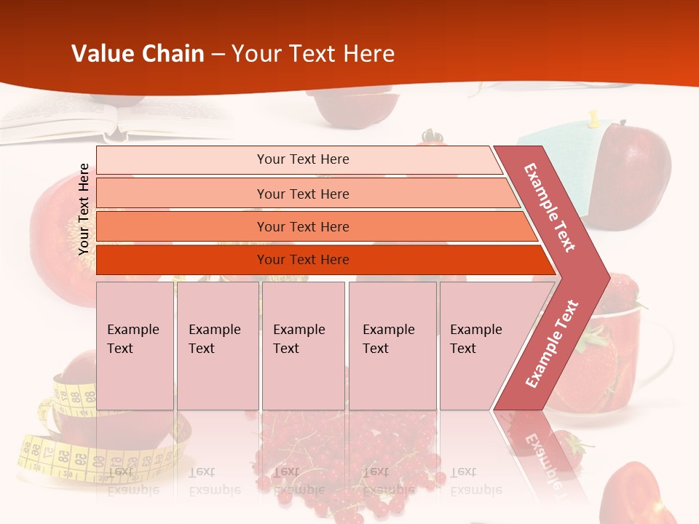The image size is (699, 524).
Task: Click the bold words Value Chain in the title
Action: coord(138,54)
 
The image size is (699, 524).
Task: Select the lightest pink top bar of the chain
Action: coord(302,159)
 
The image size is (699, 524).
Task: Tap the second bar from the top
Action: coord(302,194)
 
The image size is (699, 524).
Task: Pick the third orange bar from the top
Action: coord(302,226)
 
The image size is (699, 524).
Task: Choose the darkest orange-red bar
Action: coord(302,260)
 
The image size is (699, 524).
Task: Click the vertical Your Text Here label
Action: coord(84,209)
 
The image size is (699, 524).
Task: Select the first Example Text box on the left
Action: coord(135,346)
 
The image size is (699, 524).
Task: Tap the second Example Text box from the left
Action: coord(217,346)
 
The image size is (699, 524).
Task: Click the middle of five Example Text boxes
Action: coord(303,346)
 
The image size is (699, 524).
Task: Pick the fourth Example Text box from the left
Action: coord(392,346)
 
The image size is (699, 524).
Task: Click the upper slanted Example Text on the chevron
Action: coord(550,207)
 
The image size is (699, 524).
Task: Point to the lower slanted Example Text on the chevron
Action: coord(552,344)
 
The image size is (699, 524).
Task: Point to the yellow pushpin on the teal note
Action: coord(594,117)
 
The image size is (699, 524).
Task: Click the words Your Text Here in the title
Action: coord(313,54)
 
